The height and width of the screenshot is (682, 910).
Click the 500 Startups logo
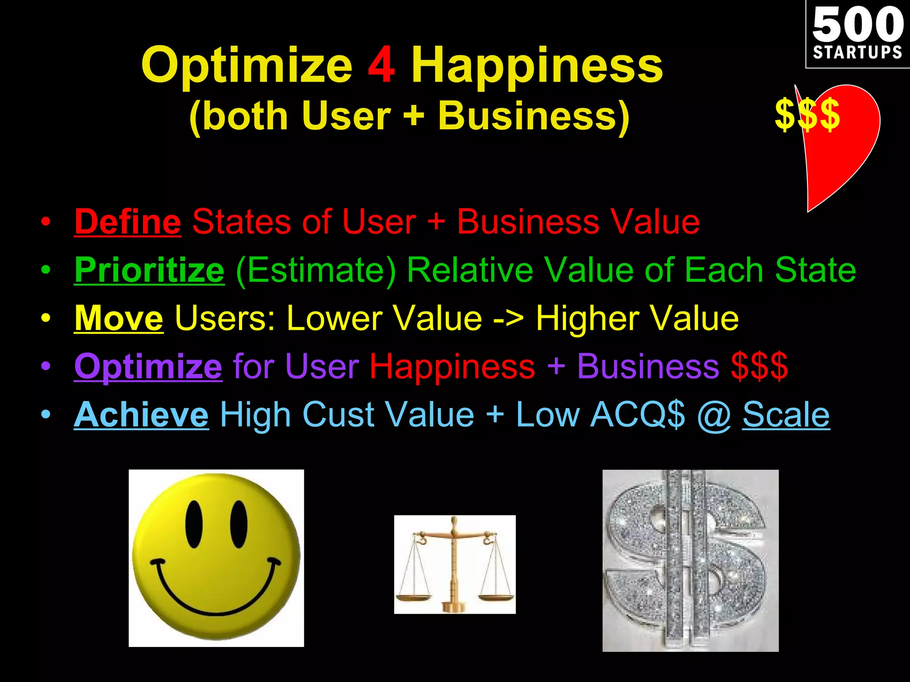point(858,34)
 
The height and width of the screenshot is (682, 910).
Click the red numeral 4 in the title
point(381,65)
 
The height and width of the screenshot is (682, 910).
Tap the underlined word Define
point(128,222)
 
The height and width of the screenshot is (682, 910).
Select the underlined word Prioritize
point(149,270)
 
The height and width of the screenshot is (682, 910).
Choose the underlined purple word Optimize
point(148,366)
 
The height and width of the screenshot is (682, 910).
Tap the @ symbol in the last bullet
point(714,415)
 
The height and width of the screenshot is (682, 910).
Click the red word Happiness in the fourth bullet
point(452,366)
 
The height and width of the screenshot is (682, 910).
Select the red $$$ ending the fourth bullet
point(759,366)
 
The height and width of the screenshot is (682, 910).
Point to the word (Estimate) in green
point(316,270)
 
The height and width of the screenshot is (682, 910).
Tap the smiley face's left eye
point(194,524)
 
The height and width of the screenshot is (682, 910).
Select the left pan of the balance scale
point(414,596)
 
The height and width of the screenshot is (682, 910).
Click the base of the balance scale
point(453,606)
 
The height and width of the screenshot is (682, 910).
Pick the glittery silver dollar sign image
point(690,560)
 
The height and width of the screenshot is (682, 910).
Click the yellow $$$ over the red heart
point(807,115)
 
